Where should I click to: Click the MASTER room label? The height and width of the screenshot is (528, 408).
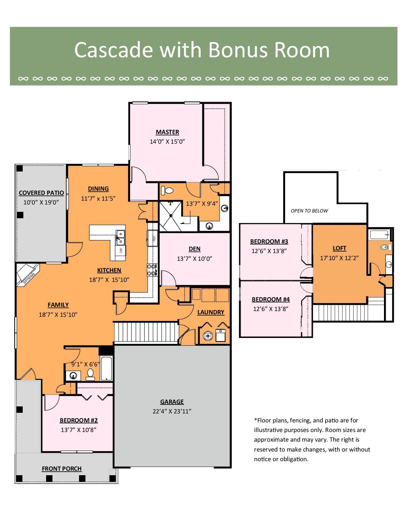pos(167,132)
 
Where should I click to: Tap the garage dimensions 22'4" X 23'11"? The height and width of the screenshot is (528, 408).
pos(172,412)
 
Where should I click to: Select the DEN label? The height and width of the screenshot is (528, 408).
pos(195,249)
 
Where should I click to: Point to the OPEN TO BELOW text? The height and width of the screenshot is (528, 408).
pos(309,211)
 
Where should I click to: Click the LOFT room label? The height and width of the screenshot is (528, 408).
pos(339,248)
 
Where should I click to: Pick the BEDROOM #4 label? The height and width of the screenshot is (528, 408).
pos(270,299)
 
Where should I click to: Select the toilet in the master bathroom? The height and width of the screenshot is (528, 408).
pos(167,190)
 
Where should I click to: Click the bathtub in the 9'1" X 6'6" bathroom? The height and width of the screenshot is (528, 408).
pos(107,369)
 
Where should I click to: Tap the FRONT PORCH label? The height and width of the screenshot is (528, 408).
pos(61,469)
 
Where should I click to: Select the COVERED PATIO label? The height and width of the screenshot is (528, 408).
pos(41,193)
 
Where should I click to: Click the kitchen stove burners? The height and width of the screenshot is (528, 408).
pos(152,270)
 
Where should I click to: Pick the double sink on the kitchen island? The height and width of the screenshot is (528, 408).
pos(120,237)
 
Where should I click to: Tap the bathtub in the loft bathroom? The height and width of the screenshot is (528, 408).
pos(380,235)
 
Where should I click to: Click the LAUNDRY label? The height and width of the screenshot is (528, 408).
pos(211,312)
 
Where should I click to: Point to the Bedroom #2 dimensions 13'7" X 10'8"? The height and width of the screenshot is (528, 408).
pos(78,430)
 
